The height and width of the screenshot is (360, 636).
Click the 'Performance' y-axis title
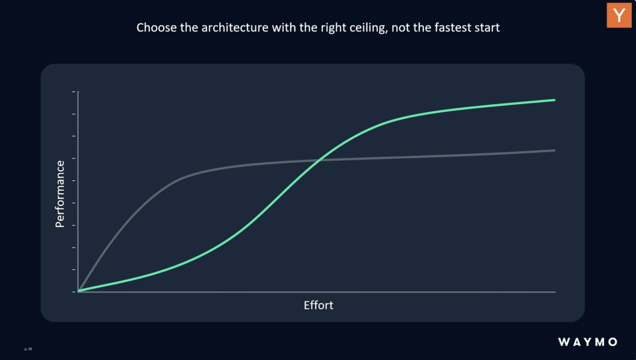coord(60,194)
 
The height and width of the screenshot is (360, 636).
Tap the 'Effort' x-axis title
coord(319,305)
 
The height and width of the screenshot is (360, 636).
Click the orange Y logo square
coord(619,15)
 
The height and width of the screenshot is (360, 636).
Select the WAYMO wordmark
coord(588,342)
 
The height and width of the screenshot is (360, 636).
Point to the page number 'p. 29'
coord(28,349)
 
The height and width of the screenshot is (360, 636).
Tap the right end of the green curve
coord(554,100)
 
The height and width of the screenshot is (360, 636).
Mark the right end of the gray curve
coord(554,151)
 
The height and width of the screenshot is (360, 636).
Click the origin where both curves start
coord(79,291)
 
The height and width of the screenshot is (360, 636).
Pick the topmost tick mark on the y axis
coord(74,92)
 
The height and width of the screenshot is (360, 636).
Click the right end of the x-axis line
coord(555,292)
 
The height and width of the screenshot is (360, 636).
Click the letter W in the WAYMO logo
coord(564,342)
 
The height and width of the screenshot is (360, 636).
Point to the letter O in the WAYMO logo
coord(612,342)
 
